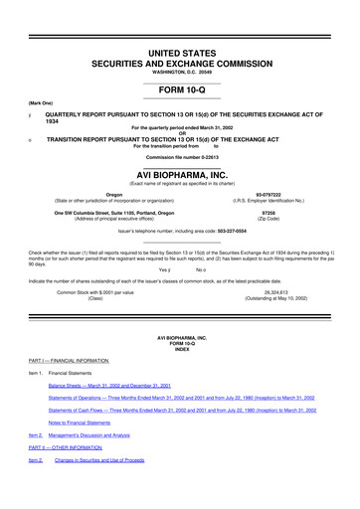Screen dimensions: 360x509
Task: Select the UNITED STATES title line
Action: [180, 51]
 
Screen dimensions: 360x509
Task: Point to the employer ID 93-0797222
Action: [269, 194]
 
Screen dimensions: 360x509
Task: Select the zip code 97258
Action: [269, 211]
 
